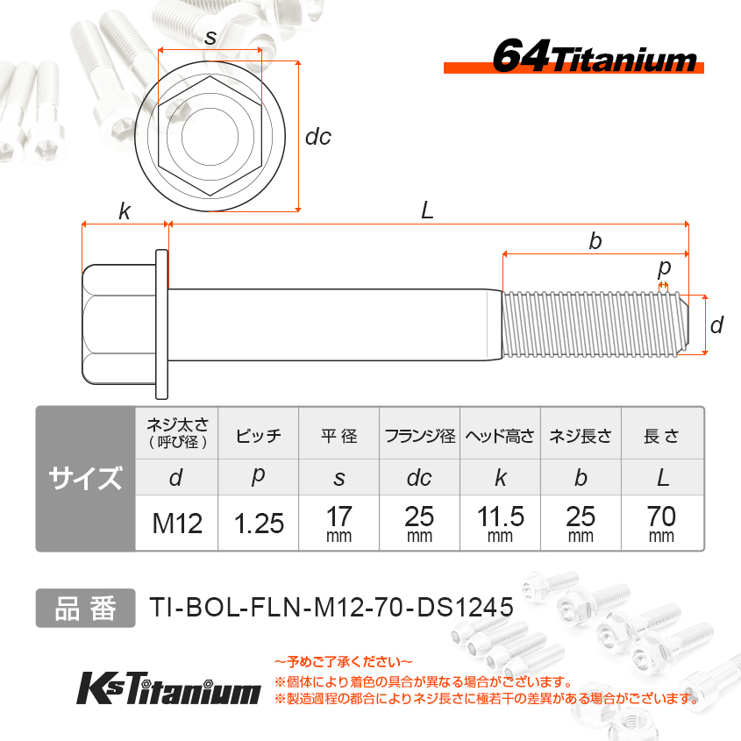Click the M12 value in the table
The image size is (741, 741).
click(x=177, y=524)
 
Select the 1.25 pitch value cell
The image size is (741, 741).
click(x=259, y=524)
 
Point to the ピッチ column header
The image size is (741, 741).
click(x=259, y=435)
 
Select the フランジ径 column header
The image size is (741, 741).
click(x=420, y=436)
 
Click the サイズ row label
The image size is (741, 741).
click(x=86, y=478)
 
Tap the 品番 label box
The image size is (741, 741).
click(x=86, y=609)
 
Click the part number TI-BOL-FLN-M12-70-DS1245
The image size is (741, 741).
click(x=331, y=607)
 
